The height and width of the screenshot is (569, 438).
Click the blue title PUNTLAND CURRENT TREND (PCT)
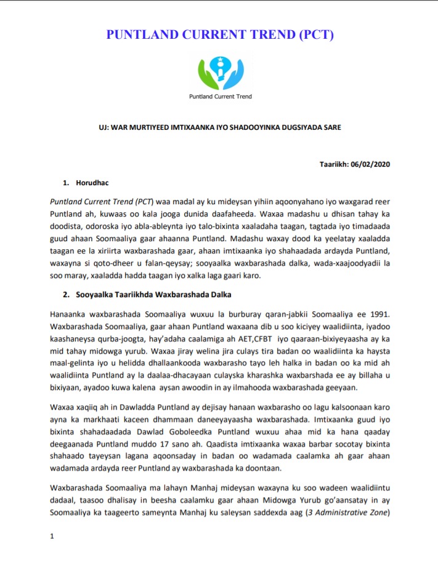pos(220,35)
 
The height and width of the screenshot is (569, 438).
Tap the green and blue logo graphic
pos(219,72)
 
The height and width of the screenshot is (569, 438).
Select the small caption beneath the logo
pos(220,97)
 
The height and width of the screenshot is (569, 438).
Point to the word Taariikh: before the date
pos(333,164)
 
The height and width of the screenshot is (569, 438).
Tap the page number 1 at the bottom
pos(52,536)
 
